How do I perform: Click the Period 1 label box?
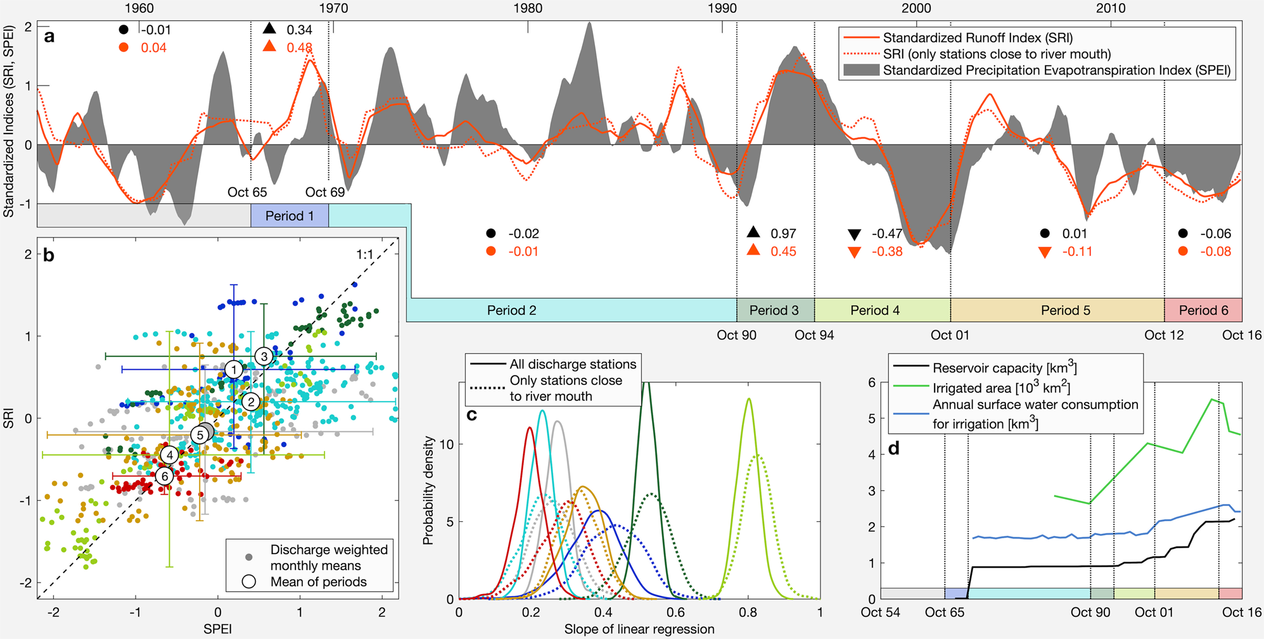[290, 216]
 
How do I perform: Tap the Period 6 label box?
[1204, 310]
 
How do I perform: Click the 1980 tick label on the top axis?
[528, 8]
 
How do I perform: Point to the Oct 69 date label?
[325, 192]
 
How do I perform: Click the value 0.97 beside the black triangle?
[783, 233]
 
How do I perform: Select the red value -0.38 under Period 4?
[887, 251]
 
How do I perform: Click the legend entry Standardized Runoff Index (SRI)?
[978, 37]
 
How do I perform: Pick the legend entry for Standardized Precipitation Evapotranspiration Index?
[1056, 70]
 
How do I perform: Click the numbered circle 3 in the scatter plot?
[264, 356]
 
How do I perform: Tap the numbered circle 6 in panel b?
[165, 476]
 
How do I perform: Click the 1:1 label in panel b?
[365, 255]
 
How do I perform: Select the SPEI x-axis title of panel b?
[217, 629]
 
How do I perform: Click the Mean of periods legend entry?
[318, 581]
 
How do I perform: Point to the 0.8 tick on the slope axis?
[748, 612]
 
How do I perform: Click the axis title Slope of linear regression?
[639, 629]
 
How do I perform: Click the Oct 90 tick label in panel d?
[1090, 612]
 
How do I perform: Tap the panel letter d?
[893, 448]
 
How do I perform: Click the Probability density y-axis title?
[428, 490]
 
